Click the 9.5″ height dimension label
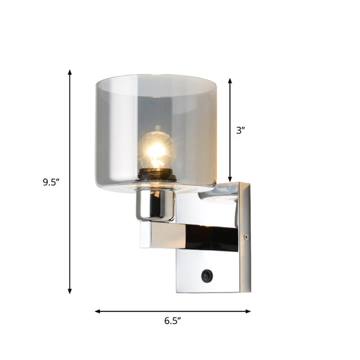pyautogui.click(x=51, y=182)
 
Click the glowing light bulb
pyautogui.click(x=156, y=151)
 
